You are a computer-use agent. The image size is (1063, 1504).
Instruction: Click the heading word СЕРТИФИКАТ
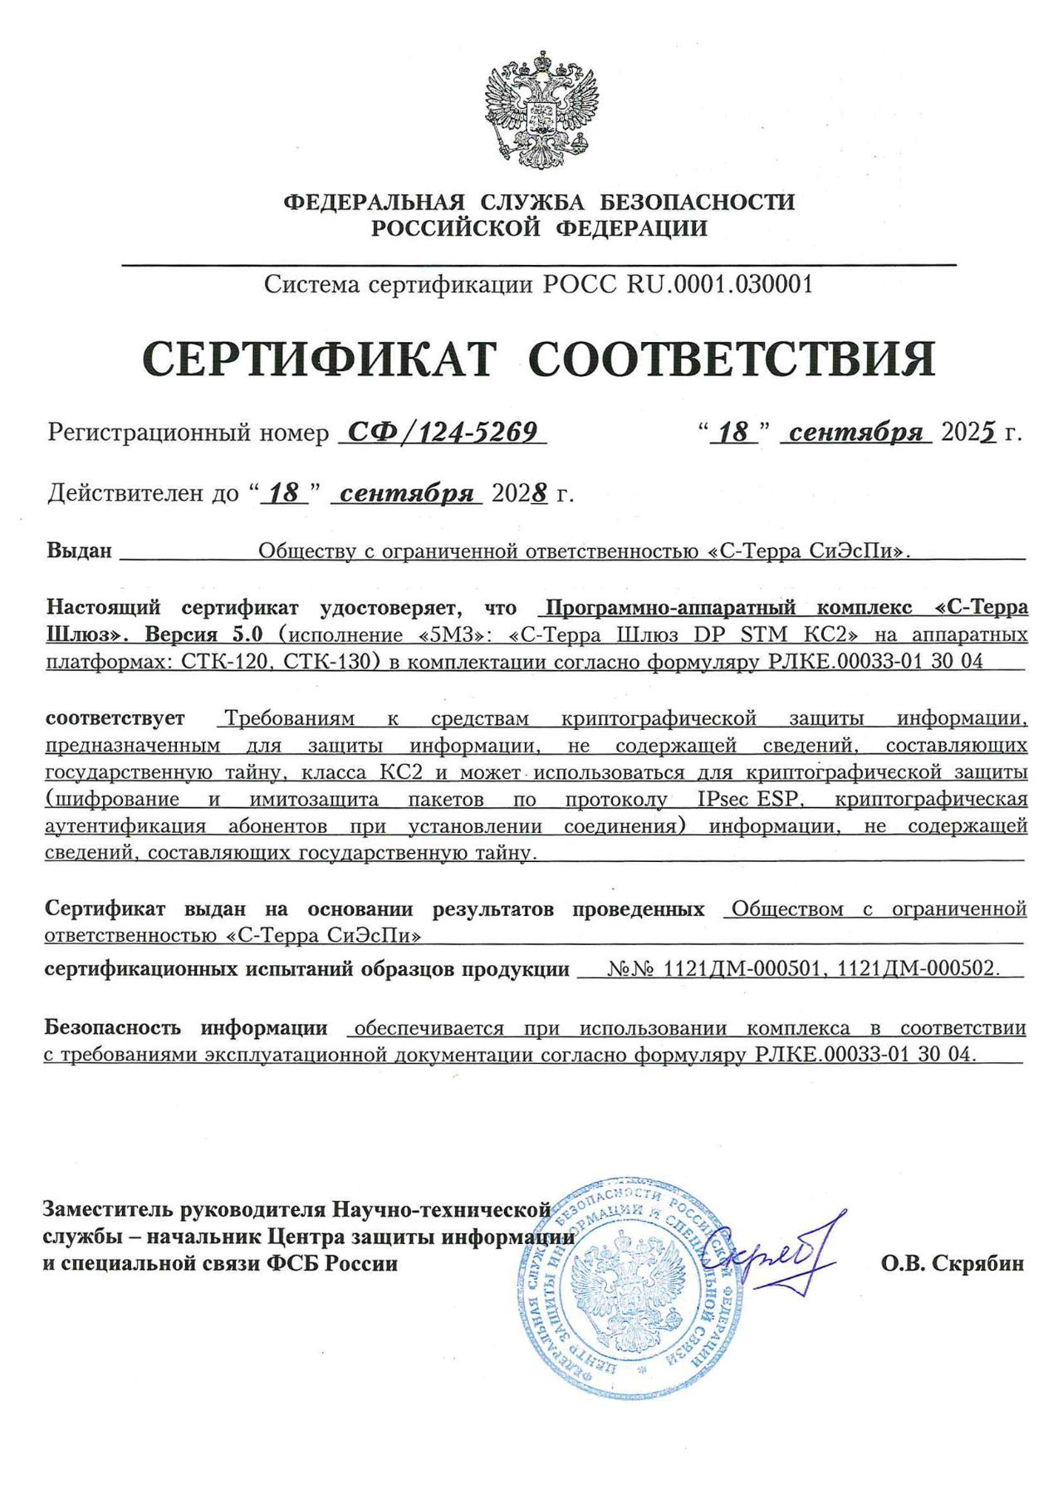coord(320,359)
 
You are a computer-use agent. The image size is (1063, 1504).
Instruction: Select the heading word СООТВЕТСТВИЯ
coord(732,359)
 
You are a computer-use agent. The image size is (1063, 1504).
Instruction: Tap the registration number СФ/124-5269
coord(442,432)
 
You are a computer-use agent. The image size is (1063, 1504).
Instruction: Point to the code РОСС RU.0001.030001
coord(678,285)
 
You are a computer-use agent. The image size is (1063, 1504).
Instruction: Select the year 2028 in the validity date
coord(520,493)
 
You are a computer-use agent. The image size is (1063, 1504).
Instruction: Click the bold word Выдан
coord(79,551)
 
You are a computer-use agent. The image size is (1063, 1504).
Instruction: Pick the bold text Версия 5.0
coord(204,634)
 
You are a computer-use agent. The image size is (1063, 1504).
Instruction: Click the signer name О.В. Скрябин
coord(953,1264)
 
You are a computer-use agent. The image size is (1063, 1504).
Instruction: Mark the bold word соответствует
coord(115,718)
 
